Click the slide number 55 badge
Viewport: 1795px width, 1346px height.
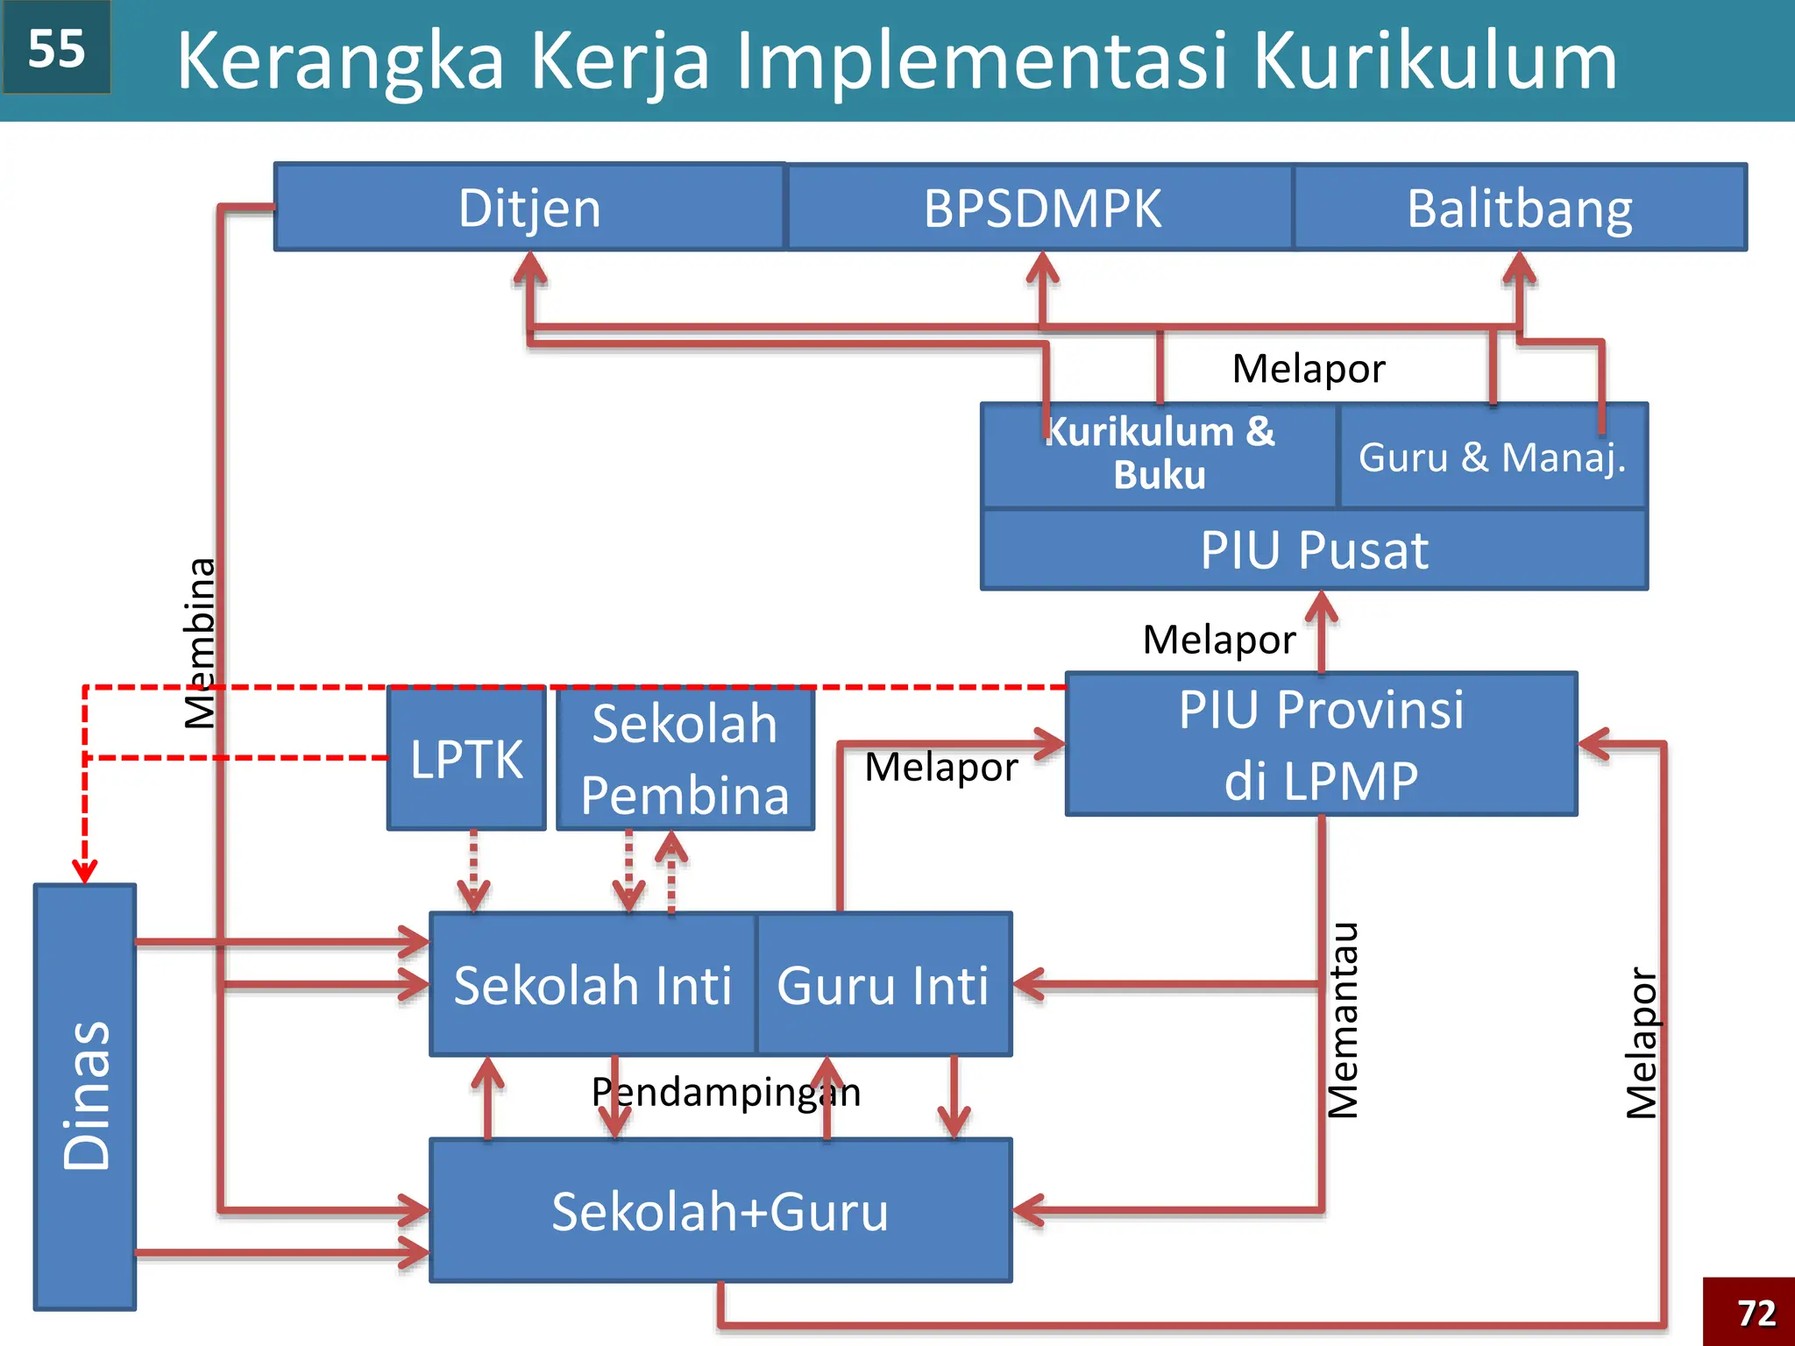(56, 47)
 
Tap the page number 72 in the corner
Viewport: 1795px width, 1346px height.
(1756, 1313)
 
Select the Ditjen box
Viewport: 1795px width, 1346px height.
(529, 208)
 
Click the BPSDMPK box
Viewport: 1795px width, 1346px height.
(1041, 208)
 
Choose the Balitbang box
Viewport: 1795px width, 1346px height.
(1520, 208)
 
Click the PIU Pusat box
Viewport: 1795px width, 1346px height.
(1314, 550)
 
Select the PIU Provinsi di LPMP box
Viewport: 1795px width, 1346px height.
(1321, 745)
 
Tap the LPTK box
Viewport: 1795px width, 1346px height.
(466, 759)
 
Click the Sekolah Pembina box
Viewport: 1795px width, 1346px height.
(685, 759)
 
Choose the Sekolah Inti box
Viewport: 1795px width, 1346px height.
(592, 985)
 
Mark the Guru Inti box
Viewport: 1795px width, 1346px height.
(883, 985)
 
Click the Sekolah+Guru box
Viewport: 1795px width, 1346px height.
(720, 1211)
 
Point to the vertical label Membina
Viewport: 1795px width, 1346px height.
(200, 644)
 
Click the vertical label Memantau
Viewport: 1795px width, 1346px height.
(1343, 1021)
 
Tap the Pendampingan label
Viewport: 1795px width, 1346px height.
(726, 1093)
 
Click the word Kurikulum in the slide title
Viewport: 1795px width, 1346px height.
(1435, 61)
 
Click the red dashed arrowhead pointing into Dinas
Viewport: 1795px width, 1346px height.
(85, 872)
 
